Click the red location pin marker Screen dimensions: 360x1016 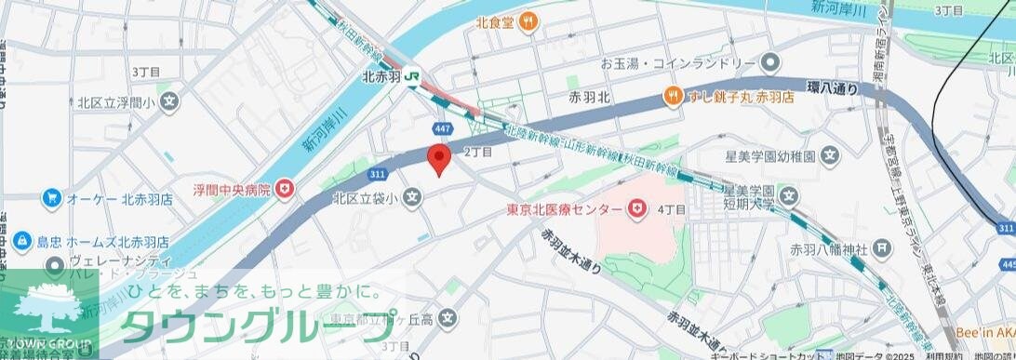438,159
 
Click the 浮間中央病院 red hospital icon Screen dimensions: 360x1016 285,190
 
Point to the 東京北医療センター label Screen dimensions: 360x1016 564,209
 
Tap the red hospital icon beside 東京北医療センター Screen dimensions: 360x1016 637,209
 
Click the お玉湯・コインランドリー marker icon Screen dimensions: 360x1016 769,63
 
